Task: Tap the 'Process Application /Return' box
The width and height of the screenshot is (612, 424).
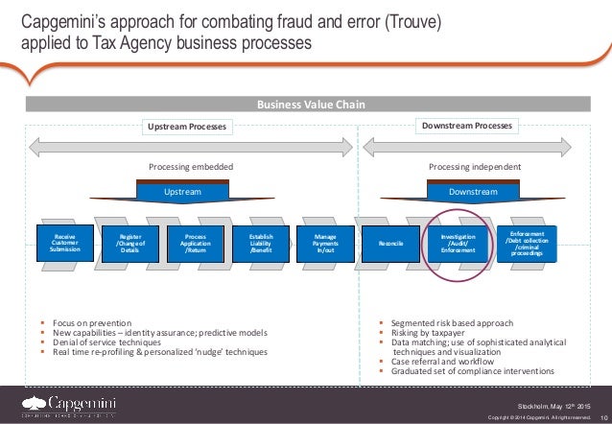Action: tap(196, 246)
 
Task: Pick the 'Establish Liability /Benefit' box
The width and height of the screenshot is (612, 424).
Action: tap(260, 246)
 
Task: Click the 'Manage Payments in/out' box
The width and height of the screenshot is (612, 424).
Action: tap(325, 246)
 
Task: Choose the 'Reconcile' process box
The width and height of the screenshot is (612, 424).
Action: tap(391, 246)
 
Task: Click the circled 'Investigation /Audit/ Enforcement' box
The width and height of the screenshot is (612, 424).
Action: tap(458, 246)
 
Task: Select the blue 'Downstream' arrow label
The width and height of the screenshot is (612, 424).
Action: tap(474, 192)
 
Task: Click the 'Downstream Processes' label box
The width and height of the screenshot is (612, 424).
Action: tap(468, 126)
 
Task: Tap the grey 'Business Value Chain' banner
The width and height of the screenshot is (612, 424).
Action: tap(306, 105)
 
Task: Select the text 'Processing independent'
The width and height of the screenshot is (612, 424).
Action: tap(474, 167)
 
